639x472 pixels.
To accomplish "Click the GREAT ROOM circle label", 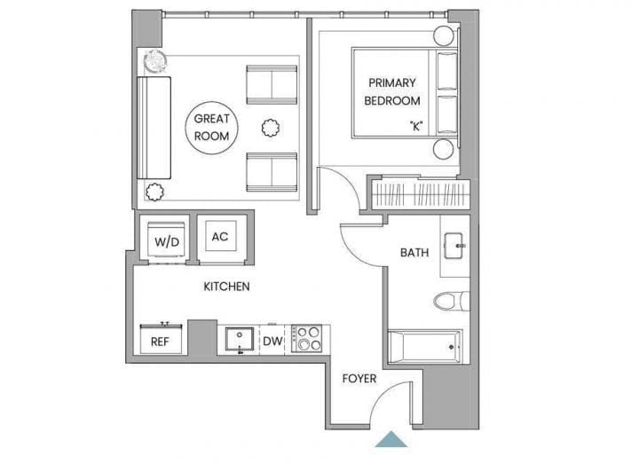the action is coord(211,128).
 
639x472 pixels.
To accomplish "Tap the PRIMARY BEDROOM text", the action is coord(392,91).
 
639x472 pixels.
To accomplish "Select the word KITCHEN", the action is coord(226,287).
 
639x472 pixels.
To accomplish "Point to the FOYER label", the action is coord(359,379).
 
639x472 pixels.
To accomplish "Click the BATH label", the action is coord(414,253).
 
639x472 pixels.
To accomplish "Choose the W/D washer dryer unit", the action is coord(167,240).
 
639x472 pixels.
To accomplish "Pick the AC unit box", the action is coord(220,236).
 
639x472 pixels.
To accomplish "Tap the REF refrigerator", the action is coord(161,339).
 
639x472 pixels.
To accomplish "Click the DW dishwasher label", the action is coord(272,341).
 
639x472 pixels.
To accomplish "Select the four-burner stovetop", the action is coord(306,338).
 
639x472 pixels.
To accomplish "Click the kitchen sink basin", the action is coord(240,339).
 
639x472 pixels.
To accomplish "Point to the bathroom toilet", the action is coord(451,302).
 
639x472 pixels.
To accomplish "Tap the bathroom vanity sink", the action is coord(454,246).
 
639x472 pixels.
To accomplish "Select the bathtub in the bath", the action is coord(425,347).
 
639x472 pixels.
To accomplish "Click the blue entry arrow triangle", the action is coord(390,439).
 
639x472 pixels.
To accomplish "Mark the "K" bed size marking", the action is coord(416,126).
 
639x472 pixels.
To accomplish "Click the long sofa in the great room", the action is coord(154,128).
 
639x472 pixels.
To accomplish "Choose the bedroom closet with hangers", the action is coord(421,194).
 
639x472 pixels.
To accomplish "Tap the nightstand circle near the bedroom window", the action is coord(444,36).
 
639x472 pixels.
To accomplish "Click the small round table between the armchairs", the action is coord(270,128).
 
